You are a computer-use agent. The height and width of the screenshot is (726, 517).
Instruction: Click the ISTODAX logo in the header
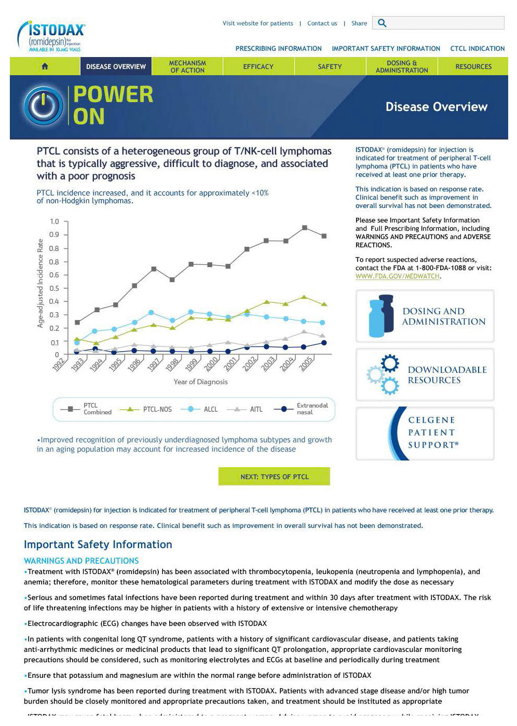[51, 36]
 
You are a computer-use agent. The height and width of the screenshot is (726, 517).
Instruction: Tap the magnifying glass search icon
[382, 23]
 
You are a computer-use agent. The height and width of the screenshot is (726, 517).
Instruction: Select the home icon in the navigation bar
[45, 66]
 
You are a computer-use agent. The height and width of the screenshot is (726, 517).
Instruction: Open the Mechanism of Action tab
[187, 66]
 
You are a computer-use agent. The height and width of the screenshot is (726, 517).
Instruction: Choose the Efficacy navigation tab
[258, 66]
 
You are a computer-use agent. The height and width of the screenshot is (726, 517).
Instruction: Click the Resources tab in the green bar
[473, 66]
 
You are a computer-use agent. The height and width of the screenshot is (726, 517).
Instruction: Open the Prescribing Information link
[278, 49]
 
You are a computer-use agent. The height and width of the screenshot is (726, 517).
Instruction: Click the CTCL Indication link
[477, 49]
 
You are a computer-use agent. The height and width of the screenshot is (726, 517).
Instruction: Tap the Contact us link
[322, 23]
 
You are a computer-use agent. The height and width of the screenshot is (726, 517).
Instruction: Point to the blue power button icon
[44, 106]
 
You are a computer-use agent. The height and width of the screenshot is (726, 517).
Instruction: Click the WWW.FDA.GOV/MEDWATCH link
[397, 276]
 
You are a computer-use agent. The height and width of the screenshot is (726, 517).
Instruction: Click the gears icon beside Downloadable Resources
[384, 374]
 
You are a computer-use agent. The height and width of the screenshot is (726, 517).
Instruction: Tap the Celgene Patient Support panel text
[432, 432]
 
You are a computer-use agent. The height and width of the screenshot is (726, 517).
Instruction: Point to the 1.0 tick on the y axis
[55, 221]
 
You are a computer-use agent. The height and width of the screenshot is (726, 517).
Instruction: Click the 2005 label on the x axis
[306, 363]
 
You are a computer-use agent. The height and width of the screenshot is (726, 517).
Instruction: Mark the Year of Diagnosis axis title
[200, 382]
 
